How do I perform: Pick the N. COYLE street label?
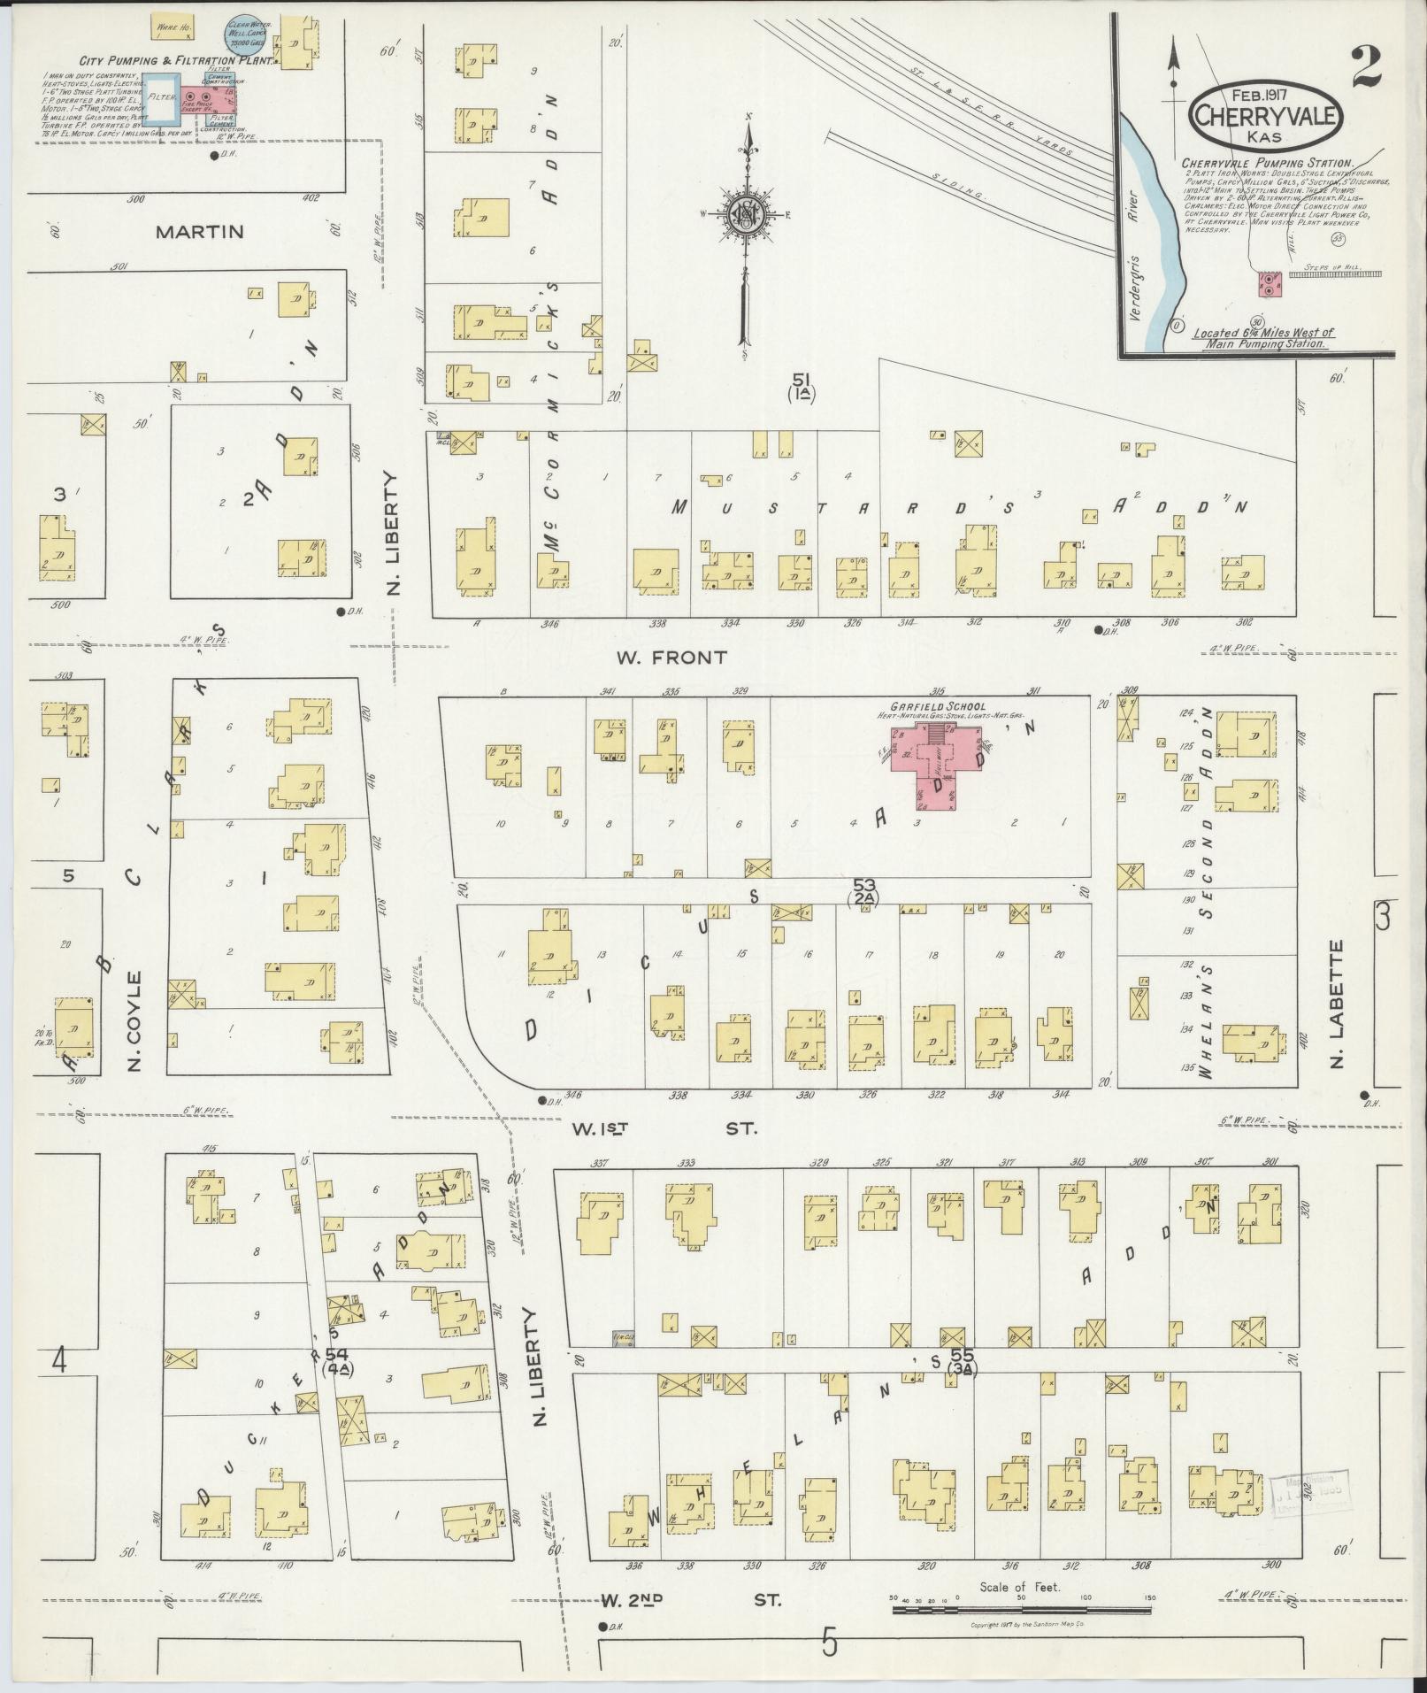[x=134, y=1020]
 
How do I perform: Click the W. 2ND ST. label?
[x=691, y=1600]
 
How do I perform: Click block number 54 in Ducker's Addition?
[x=336, y=1380]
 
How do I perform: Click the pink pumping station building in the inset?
[x=1270, y=284]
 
